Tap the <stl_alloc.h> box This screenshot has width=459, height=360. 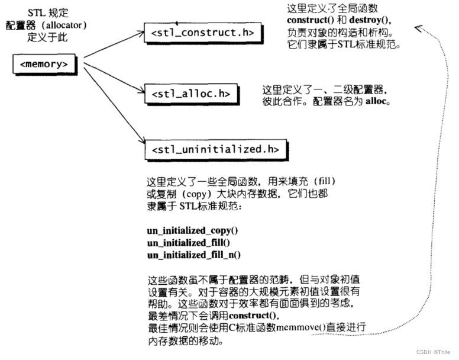click(x=186, y=94)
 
